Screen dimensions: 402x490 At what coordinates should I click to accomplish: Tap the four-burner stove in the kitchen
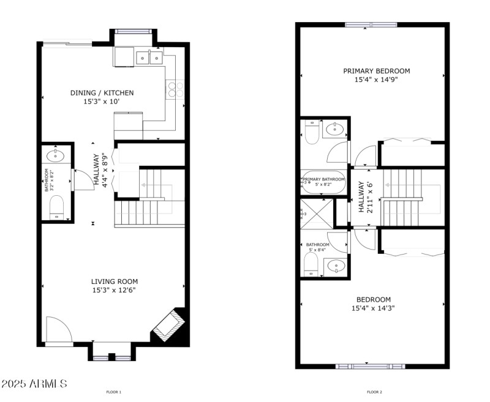click(175, 89)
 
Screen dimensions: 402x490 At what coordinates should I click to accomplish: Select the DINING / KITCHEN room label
click(102, 93)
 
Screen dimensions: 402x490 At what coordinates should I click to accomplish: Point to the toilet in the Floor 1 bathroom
click(56, 206)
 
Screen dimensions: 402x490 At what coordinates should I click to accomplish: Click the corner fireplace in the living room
click(169, 325)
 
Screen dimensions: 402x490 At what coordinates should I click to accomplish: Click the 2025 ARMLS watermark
click(34, 384)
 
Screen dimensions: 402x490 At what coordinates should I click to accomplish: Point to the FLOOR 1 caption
click(114, 392)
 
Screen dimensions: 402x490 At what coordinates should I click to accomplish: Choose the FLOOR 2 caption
click(374, 392)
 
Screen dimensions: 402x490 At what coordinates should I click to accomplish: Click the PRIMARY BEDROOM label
click(376, 71)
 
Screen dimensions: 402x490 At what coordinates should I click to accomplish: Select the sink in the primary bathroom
click(335, 129)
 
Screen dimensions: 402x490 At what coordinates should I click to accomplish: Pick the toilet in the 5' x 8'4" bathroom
click(310, 264)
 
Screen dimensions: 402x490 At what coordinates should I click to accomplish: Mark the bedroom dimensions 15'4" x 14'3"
click(373, 308)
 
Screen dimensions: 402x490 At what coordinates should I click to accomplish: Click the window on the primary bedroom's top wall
click(371, 25)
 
